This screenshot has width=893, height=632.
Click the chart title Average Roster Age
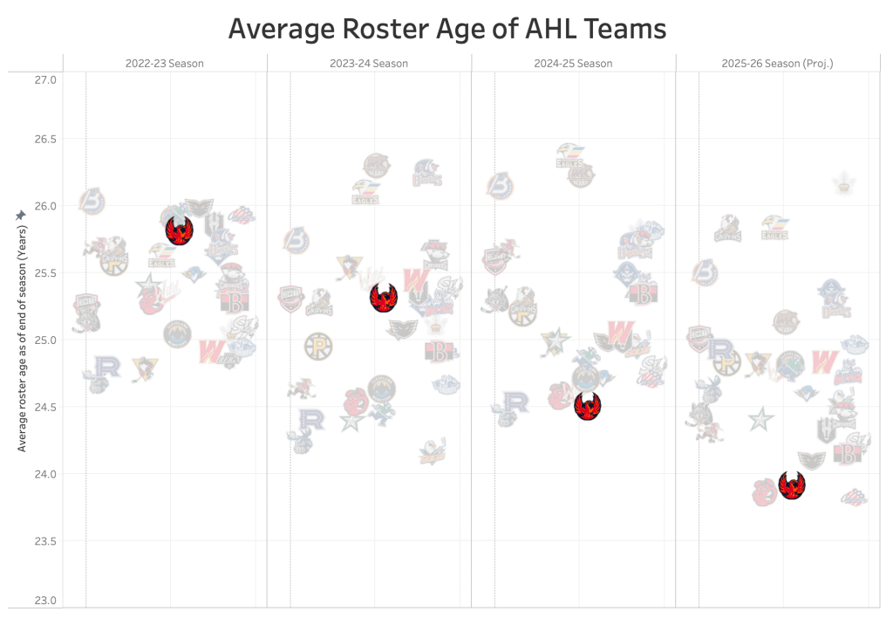pyautogui.click(x=446, y=29)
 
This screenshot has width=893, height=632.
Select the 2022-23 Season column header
pyautogui.click(x=164, y=64)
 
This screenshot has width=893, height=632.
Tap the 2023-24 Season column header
pyautogui.click(x=369, y=64)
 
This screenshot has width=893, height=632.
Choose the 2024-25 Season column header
pyautogui.click(x=573, y=64)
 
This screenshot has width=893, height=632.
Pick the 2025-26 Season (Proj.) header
pyautogui.click(x=778, y=64)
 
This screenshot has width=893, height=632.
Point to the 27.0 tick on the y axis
pyautogui.click(x=45, y=80)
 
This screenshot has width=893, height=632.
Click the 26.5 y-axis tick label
pyautogui.click(x=45, y=140)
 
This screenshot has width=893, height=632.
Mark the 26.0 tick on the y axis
pyautogui.click(x=45, y=207)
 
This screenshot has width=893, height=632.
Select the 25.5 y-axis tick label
pyautogui.click(x=45, y=273)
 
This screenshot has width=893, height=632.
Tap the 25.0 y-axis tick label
pyautogui.click(x=45, y=340)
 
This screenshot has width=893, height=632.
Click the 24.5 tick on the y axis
pyautogui.click(x=45, y=408)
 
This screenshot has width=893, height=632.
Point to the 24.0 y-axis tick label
pyautogui.click(x=45, y=475)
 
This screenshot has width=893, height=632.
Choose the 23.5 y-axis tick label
pyautogui.click(x=45, y=541)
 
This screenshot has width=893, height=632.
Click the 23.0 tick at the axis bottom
pyautogui.click(x=45, y=601)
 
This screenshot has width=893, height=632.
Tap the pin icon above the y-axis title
pyautogui.click(x=21, y=215)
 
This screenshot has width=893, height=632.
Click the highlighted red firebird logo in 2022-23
pyautogui.click(x=179, y=231)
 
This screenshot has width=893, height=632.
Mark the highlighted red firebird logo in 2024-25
pyautogui.click(x=588, y=406)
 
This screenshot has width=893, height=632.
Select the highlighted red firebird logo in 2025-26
pyautogui.click(x=792, y=485)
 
